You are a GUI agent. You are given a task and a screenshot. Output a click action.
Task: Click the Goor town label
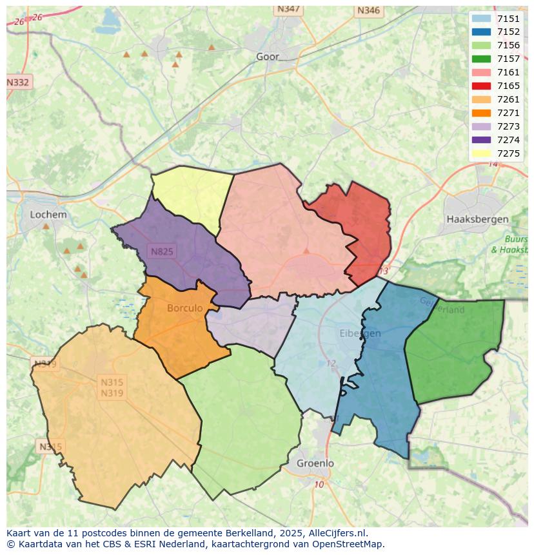(268, 57)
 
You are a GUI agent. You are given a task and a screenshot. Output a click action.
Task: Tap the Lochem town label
(48, 215)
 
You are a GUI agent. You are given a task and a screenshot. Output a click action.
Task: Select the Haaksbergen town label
(477, 219)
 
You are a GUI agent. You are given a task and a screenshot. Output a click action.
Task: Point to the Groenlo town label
(315, 463)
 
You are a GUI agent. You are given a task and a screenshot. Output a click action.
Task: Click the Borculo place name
(184, 308)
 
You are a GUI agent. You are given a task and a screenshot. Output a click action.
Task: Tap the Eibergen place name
(360, 333)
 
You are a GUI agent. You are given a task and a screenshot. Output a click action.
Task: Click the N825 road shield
(162, 251)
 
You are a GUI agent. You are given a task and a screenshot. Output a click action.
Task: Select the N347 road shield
(288, 9)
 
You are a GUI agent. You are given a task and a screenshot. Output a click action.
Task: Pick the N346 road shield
(368, 10)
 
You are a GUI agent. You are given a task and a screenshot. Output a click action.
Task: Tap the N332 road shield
(18, 83)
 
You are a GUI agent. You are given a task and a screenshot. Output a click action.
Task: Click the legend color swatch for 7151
(481, 19)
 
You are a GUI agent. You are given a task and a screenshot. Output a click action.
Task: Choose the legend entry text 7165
(508, 86)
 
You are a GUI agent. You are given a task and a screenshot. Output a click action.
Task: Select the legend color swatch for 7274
(481, 140)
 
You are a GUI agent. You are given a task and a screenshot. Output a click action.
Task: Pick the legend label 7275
(508, 153)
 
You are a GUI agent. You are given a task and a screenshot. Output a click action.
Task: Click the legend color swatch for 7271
(481, 113)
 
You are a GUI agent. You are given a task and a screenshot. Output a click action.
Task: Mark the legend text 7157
(508, 59)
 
